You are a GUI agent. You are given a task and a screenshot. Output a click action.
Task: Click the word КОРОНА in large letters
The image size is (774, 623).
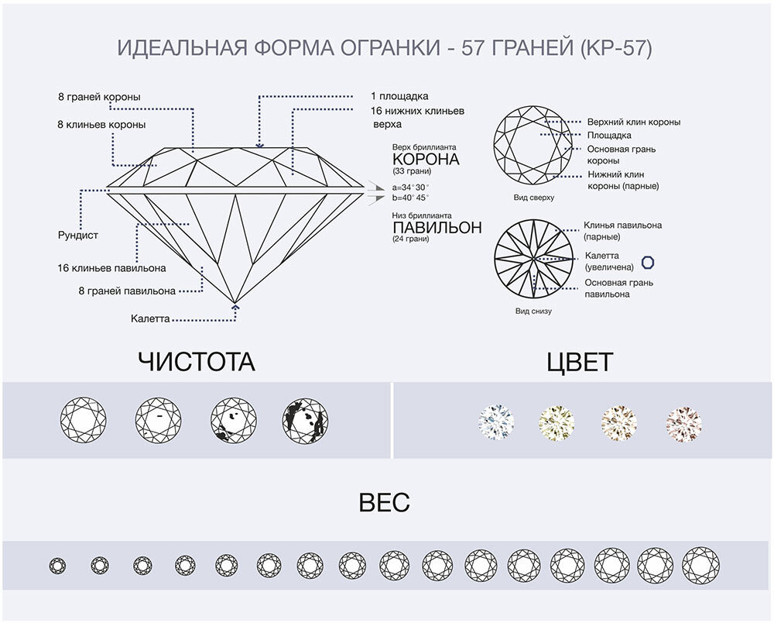point(426,160)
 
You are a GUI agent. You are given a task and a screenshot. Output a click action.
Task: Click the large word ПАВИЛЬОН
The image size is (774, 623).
point(437,228)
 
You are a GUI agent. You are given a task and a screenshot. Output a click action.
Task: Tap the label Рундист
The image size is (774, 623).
point(78,234)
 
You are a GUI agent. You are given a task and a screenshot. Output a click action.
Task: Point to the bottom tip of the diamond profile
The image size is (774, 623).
point(235,301)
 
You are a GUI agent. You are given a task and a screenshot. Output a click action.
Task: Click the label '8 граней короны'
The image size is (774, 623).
point(99,98)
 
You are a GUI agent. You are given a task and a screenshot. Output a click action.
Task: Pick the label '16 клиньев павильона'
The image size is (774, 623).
point(111,268)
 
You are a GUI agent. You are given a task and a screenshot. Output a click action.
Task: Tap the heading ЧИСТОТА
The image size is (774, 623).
point(196,361)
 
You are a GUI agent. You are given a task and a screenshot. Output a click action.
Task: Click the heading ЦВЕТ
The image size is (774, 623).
point(580,361)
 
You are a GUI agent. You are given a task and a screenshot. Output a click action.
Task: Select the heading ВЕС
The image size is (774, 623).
point(385,504)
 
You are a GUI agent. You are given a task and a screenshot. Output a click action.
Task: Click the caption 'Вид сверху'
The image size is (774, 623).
point(533,198)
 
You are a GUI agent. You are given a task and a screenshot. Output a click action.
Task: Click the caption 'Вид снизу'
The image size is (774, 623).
point(533,311)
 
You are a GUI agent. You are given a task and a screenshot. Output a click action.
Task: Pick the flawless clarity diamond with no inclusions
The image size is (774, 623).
point(83,421)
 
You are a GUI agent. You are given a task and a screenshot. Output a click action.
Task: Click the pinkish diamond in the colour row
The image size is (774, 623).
point(683,423)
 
